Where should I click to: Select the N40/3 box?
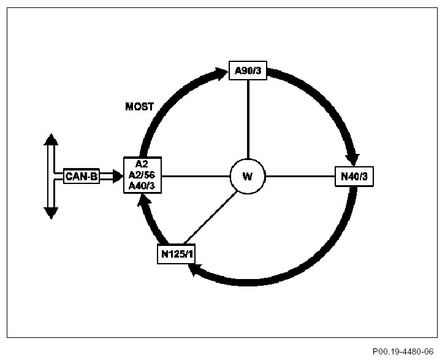point(354,177)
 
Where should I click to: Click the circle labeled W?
point(247,177)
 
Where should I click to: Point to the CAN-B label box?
point(82,177)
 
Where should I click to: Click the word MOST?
point(139,107)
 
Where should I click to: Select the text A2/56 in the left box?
point(143,176)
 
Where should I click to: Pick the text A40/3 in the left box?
point(143,186)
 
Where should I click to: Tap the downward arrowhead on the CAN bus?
point(51,213)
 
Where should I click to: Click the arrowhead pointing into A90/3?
point(221,74)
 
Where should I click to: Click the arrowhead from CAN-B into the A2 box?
point(117,177)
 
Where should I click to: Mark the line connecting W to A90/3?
point(247,120)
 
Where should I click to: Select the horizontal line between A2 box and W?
point(196,177)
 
